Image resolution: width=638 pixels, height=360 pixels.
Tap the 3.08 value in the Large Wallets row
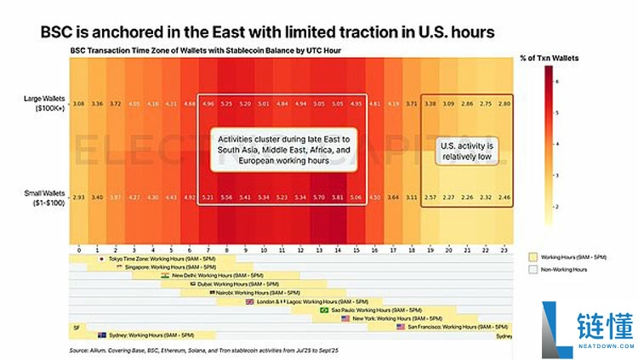tap(77, 103)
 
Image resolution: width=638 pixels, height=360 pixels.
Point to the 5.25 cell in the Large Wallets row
tap(227, 103)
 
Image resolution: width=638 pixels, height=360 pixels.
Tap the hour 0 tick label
tap(77, 251)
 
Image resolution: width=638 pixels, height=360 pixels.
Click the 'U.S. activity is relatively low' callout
tap(466, 150)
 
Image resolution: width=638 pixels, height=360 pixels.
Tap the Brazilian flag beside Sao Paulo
tap(323, 310)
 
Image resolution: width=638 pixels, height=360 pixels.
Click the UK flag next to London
tap(249, 301)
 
